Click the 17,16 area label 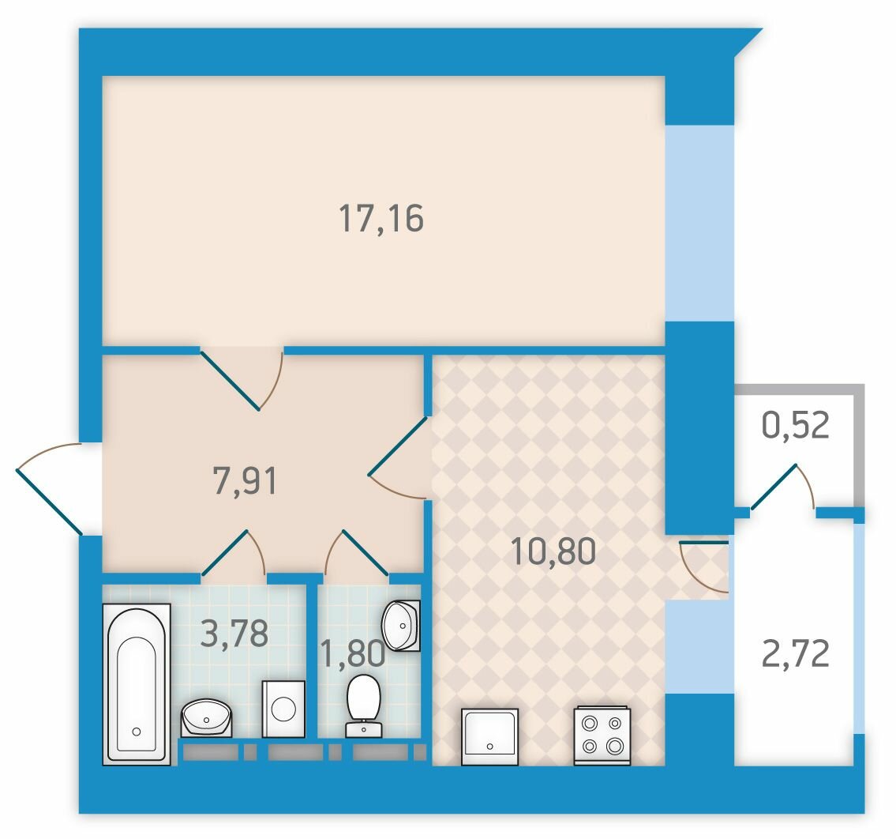coord(381,219)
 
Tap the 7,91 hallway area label coord(245,480)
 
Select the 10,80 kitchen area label coord(553,551)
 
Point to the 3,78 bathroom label coord(235,634)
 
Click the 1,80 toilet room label coord(353,653)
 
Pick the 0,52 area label coord(796,425)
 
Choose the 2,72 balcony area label coord(796,653)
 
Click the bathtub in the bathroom coord(137,685)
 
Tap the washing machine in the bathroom coord(283,709)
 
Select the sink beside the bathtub coord(207,718)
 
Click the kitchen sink coord(489,736)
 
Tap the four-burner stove coord(602,736)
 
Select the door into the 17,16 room coord(242,378)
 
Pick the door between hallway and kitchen coord(398,458)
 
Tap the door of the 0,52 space coord(782,486)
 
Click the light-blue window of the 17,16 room coord(699,223)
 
